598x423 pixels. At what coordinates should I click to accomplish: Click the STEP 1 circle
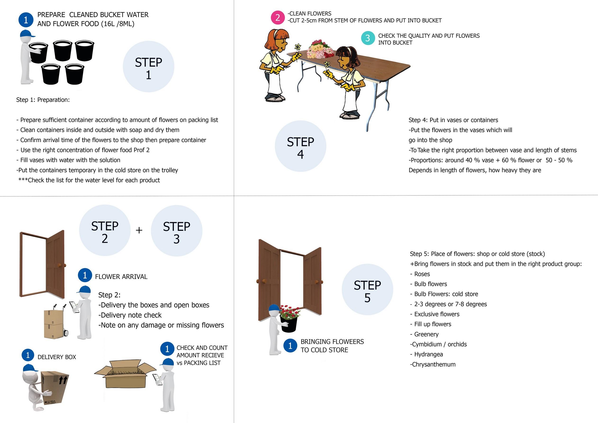149,67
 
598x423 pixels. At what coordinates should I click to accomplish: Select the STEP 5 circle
367,290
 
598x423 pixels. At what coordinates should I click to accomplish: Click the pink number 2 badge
278,18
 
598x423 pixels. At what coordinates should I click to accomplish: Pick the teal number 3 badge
368,38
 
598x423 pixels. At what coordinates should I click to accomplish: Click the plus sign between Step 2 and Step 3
139,230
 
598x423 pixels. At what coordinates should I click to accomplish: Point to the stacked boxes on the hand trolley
54,324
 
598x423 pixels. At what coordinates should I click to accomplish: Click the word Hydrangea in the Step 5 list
428,354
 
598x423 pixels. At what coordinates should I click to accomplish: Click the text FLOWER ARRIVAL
121,276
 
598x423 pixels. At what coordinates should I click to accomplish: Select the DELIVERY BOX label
57,357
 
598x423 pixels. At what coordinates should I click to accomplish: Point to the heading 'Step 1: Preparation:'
43,100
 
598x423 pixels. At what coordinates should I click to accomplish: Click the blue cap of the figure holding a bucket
27,34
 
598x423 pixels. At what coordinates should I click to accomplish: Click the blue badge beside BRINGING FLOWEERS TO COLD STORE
290,346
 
